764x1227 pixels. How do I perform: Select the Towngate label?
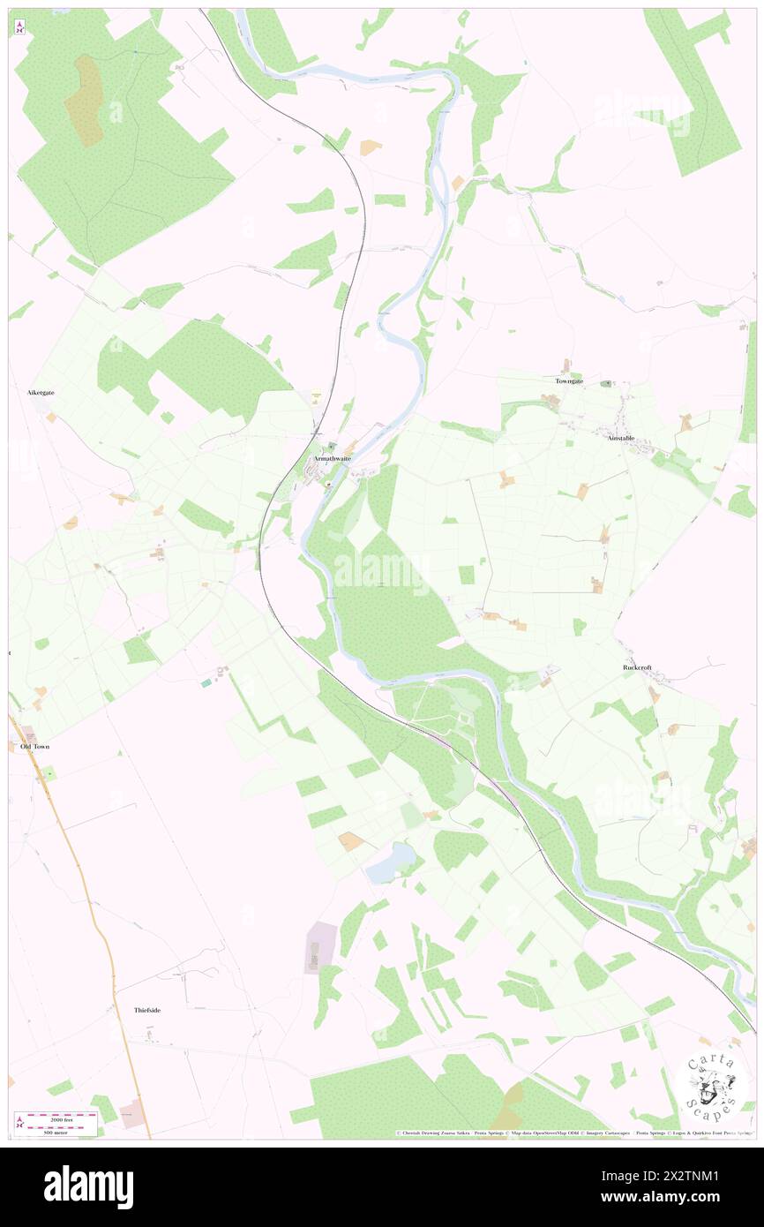[569, 380]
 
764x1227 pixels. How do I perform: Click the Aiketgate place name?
[41, 392]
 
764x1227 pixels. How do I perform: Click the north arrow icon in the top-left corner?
[19, 26]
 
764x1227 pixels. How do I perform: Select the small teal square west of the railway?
[206, 682]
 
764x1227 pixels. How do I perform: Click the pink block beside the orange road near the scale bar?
[131, 1113]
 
